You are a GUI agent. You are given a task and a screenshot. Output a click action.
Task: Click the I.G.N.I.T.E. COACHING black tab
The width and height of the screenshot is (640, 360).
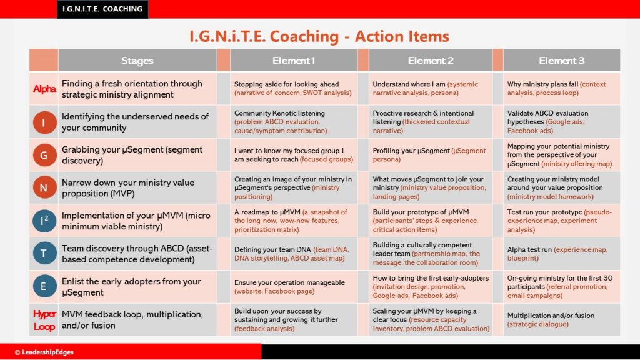[102, 9]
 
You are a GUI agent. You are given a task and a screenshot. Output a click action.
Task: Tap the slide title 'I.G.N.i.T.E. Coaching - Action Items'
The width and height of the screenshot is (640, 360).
[319, 36]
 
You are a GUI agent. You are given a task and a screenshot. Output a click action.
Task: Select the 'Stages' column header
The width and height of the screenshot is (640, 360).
[137, 61]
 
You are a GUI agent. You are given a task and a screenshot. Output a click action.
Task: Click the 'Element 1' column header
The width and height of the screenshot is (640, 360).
[294, 61]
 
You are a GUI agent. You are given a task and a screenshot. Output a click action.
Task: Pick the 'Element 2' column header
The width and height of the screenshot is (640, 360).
[431, 61]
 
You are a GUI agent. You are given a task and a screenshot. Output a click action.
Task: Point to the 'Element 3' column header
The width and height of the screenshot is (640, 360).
[562, 61]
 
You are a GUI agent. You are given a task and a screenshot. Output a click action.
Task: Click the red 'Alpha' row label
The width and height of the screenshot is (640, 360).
[44, 89]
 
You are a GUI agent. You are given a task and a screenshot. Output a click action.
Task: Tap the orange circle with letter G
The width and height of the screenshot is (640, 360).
[44, 155]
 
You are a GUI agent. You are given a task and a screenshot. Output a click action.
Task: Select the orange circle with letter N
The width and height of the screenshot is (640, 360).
[44, 187]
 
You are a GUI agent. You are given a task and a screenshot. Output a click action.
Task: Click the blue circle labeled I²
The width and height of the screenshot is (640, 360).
[44, 221]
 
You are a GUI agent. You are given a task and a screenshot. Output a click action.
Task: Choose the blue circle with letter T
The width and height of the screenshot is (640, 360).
[44, 254]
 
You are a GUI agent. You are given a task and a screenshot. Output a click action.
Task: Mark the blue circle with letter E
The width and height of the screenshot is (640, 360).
[44, 286]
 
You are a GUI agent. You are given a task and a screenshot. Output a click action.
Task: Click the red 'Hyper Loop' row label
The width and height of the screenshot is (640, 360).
[44, 320]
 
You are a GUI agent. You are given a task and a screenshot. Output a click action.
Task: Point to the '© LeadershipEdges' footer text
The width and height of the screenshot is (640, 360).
[44, 352]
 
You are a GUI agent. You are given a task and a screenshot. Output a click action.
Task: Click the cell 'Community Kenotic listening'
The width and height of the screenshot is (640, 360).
[294, 122]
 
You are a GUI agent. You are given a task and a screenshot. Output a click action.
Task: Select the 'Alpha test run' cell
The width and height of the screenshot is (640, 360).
[562, 254]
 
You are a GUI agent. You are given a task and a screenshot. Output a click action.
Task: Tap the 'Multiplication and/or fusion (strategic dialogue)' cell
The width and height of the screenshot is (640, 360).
[562, 319]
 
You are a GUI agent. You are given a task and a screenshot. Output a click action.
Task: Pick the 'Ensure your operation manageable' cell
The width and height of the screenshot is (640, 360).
[294, 286]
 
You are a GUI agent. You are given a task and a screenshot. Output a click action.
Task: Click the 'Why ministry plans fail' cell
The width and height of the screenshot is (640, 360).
[562, 89]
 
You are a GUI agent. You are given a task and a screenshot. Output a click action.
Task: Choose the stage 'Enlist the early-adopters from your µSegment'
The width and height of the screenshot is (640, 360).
[137, 286]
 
